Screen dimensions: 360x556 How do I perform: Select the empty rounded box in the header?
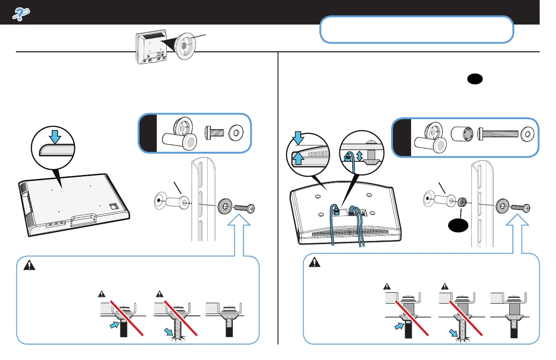coord(417,30)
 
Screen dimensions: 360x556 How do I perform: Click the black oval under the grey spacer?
coord(462,226)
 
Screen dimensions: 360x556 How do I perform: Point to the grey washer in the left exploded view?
coord(224,204)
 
